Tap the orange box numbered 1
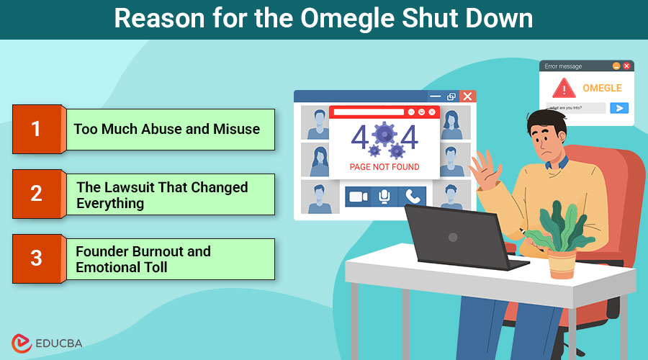pos(36,130)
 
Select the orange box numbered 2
pos(36,194)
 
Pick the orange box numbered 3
pos(36,258)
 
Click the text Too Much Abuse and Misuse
pos(166,130)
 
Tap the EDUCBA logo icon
pos(21,343)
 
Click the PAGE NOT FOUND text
pos(384,167)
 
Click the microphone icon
pos(384,196)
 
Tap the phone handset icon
pos(412,196)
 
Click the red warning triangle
pos(564,89)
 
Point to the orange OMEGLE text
pos(601,89)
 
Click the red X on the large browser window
pos(467,96)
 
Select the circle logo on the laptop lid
pos(452,237)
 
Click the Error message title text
pos(563,66)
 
